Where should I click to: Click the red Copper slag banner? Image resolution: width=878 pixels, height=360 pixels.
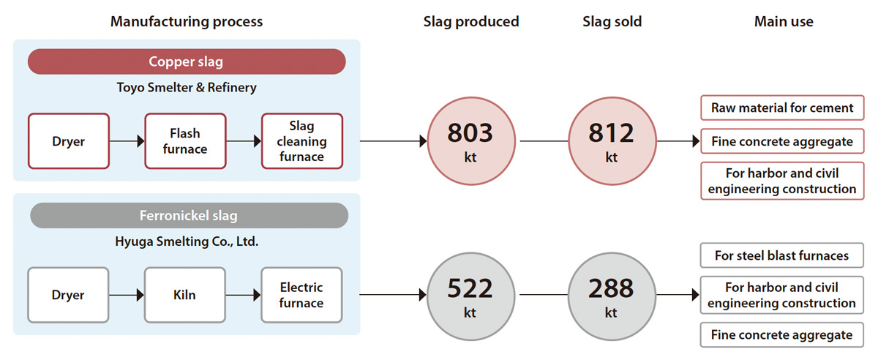[187, 61]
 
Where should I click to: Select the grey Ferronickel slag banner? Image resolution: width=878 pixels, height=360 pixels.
[189, 215]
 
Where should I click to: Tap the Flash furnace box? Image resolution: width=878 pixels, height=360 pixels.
[185, 141]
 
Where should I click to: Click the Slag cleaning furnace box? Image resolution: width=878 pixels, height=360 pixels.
[302, 141]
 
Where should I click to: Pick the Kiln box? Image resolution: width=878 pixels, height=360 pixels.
[184, 295]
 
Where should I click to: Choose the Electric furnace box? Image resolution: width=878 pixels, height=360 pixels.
[301, 295]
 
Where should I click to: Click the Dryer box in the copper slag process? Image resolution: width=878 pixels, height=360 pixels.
[69, 141]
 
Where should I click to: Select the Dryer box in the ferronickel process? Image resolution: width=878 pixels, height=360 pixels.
[68, 295]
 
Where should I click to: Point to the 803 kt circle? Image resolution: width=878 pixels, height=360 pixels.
[470, 140]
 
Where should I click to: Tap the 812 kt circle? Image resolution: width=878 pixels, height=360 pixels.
[612, 140]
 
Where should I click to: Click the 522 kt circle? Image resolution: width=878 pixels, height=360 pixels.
[470, 296]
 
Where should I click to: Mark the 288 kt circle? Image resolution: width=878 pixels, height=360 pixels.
[612, 296]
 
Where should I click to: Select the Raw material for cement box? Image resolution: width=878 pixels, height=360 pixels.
[782, 108]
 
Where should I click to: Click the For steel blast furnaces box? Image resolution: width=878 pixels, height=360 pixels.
[782, 255]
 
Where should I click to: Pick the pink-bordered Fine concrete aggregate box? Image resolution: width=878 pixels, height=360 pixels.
[782, 141]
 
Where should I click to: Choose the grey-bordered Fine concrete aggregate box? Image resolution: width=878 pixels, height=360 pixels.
[782, 335]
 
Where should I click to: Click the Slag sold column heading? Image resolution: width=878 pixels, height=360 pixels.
[612, 21]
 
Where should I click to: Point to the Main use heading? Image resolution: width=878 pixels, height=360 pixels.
[784, 21]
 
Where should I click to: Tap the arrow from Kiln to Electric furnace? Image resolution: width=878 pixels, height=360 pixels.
[243, 295]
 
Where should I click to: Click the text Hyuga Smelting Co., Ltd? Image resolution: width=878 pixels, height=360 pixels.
[187, 241]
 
